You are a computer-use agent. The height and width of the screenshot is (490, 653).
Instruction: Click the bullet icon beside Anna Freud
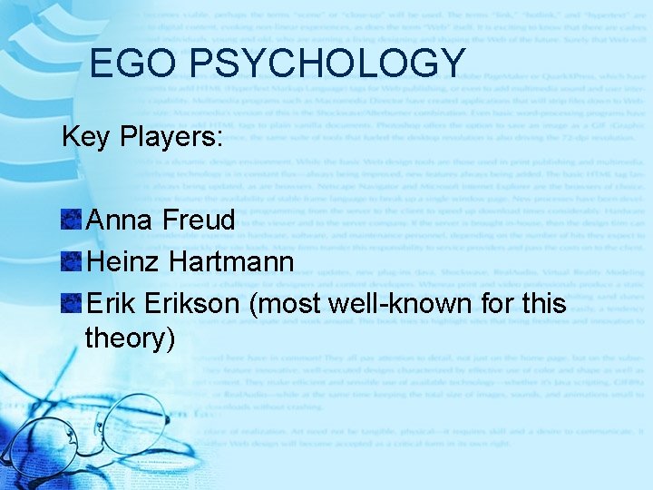[72, 220]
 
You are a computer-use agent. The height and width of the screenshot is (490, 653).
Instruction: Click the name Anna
[120, 220]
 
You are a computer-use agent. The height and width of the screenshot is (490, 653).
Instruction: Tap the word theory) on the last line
[130, 338]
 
